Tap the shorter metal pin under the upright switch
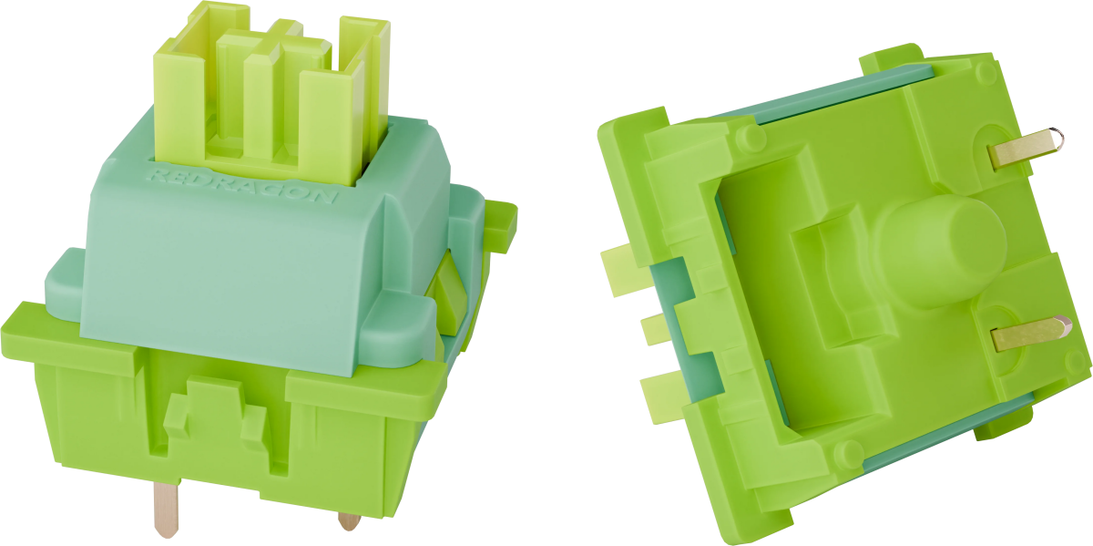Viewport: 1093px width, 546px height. coord(349,520)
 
